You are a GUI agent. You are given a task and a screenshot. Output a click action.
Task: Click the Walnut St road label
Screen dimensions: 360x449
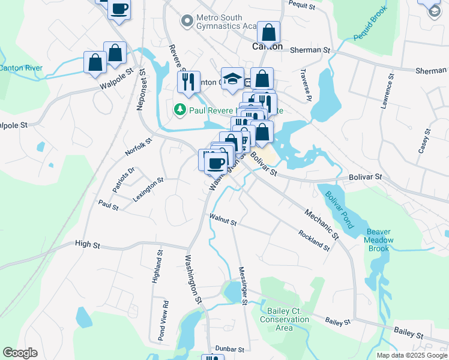point(223,220)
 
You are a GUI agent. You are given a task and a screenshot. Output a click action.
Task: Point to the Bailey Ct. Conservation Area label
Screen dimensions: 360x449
point(285,320)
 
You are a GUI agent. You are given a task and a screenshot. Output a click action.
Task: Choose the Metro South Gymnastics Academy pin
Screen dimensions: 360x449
point(186,22)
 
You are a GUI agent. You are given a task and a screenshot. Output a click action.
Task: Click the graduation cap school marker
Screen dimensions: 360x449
point(233,80)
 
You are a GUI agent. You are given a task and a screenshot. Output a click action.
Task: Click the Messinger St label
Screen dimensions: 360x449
point(243,286)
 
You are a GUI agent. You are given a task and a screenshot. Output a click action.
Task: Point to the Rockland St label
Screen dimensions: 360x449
point(314,241)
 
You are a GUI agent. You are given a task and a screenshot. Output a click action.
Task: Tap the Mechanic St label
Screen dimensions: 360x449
point(322,224)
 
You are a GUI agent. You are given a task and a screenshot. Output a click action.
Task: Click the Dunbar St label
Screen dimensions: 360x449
point(231,349)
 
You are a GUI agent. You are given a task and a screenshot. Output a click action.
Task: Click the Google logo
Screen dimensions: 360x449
point(20,353)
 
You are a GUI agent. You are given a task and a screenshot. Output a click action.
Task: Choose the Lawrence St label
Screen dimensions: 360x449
point(387,91)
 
